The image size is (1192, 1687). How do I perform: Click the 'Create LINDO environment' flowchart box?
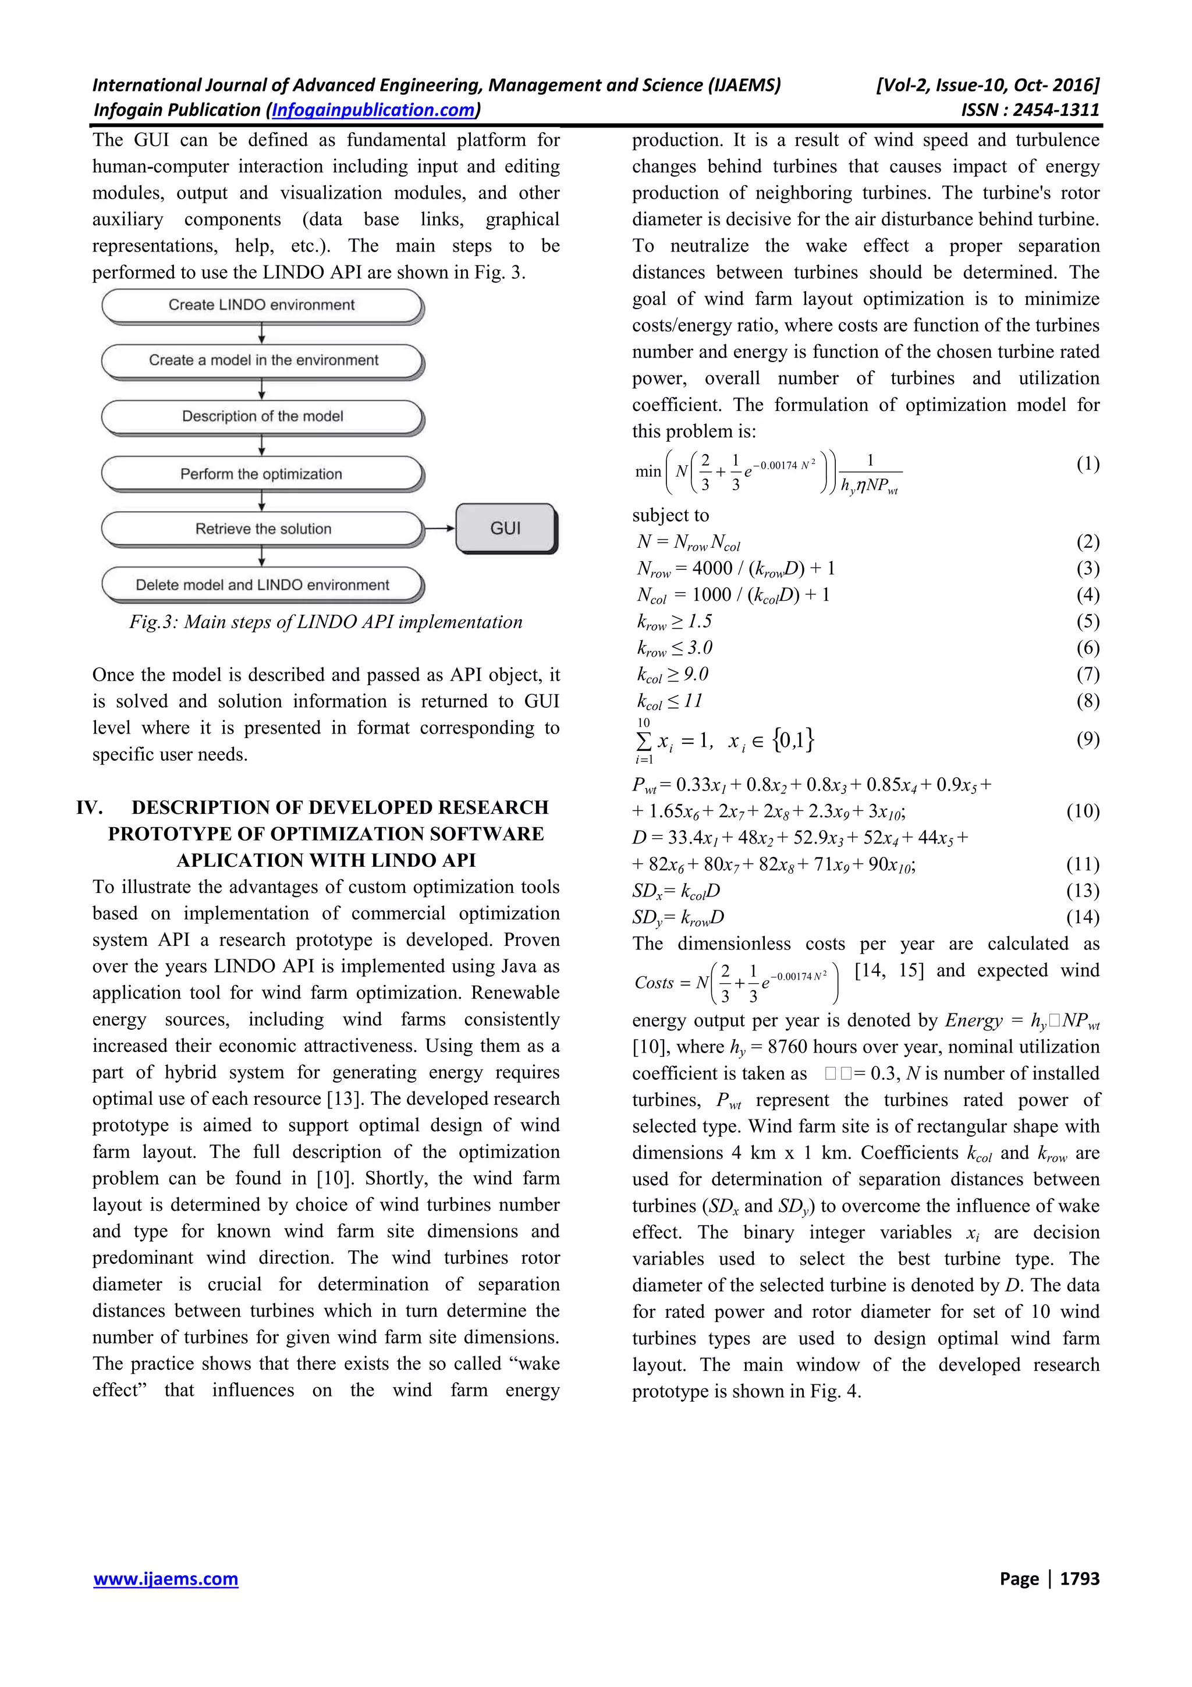(261, 305)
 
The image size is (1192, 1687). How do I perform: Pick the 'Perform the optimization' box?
(261, 474)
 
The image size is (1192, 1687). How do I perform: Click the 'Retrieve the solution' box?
(262, 529)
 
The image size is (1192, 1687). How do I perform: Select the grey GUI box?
(505, 529)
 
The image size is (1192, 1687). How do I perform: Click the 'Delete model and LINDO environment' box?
(262, 585)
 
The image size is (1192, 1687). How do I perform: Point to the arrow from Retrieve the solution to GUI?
(440, 529)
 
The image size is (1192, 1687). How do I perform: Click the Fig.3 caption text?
(325, 622)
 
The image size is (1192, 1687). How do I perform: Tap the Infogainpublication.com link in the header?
(373, 110)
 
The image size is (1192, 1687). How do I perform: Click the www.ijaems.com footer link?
(165, 1578)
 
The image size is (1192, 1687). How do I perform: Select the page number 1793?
(1079, 1578)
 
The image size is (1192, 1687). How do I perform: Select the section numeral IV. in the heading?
(89, 807)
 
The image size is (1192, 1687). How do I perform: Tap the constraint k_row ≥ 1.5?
(674, 622)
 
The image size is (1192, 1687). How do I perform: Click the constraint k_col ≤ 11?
(669, 701)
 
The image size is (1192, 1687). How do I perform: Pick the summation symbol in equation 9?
(643, 740)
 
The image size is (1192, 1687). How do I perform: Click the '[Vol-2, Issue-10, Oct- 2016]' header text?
(987, 85)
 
